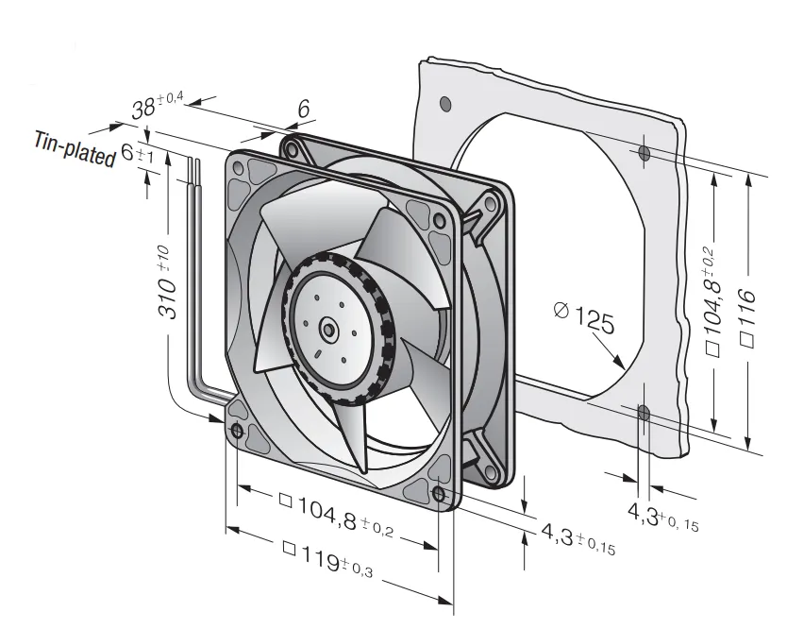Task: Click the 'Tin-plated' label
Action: tap(75, 148)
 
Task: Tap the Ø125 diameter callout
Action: tap(584, 316)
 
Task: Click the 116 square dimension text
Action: tap(747, 317)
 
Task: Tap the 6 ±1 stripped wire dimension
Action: tap(137, 152)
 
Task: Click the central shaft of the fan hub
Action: tap(328, 330)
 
